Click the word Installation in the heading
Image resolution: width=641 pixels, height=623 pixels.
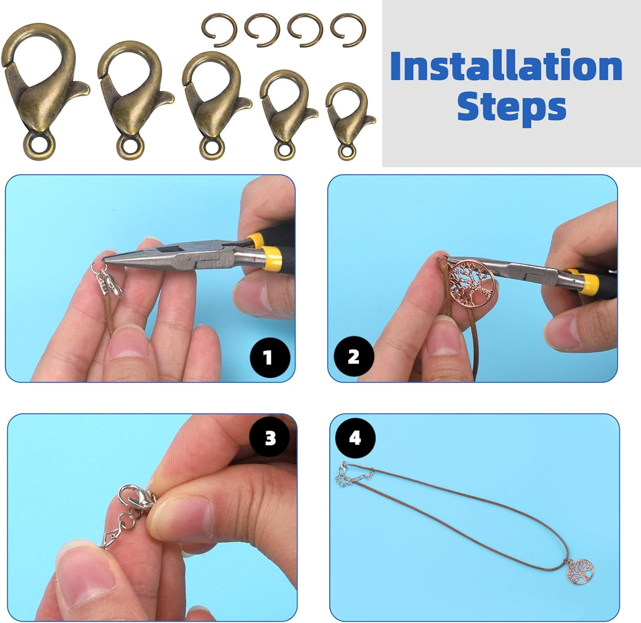pos(506,66)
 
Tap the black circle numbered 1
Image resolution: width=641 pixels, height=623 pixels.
pos(268,357)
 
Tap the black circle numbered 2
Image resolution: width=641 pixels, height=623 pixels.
pos(353,357)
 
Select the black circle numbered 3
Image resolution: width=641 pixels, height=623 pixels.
pos(271,438)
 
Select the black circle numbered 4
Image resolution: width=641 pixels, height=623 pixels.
pos(355,438)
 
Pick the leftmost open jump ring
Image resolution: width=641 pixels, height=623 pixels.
pos(219,30)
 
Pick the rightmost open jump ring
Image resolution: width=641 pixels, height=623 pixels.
pos(348,30)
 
